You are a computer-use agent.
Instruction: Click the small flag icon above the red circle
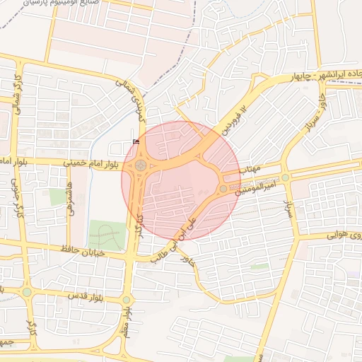136,142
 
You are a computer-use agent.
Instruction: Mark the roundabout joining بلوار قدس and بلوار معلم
126,300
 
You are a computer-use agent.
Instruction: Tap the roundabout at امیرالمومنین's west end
223,189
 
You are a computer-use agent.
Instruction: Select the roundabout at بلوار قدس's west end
26,292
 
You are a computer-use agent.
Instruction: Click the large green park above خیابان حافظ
105,235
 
